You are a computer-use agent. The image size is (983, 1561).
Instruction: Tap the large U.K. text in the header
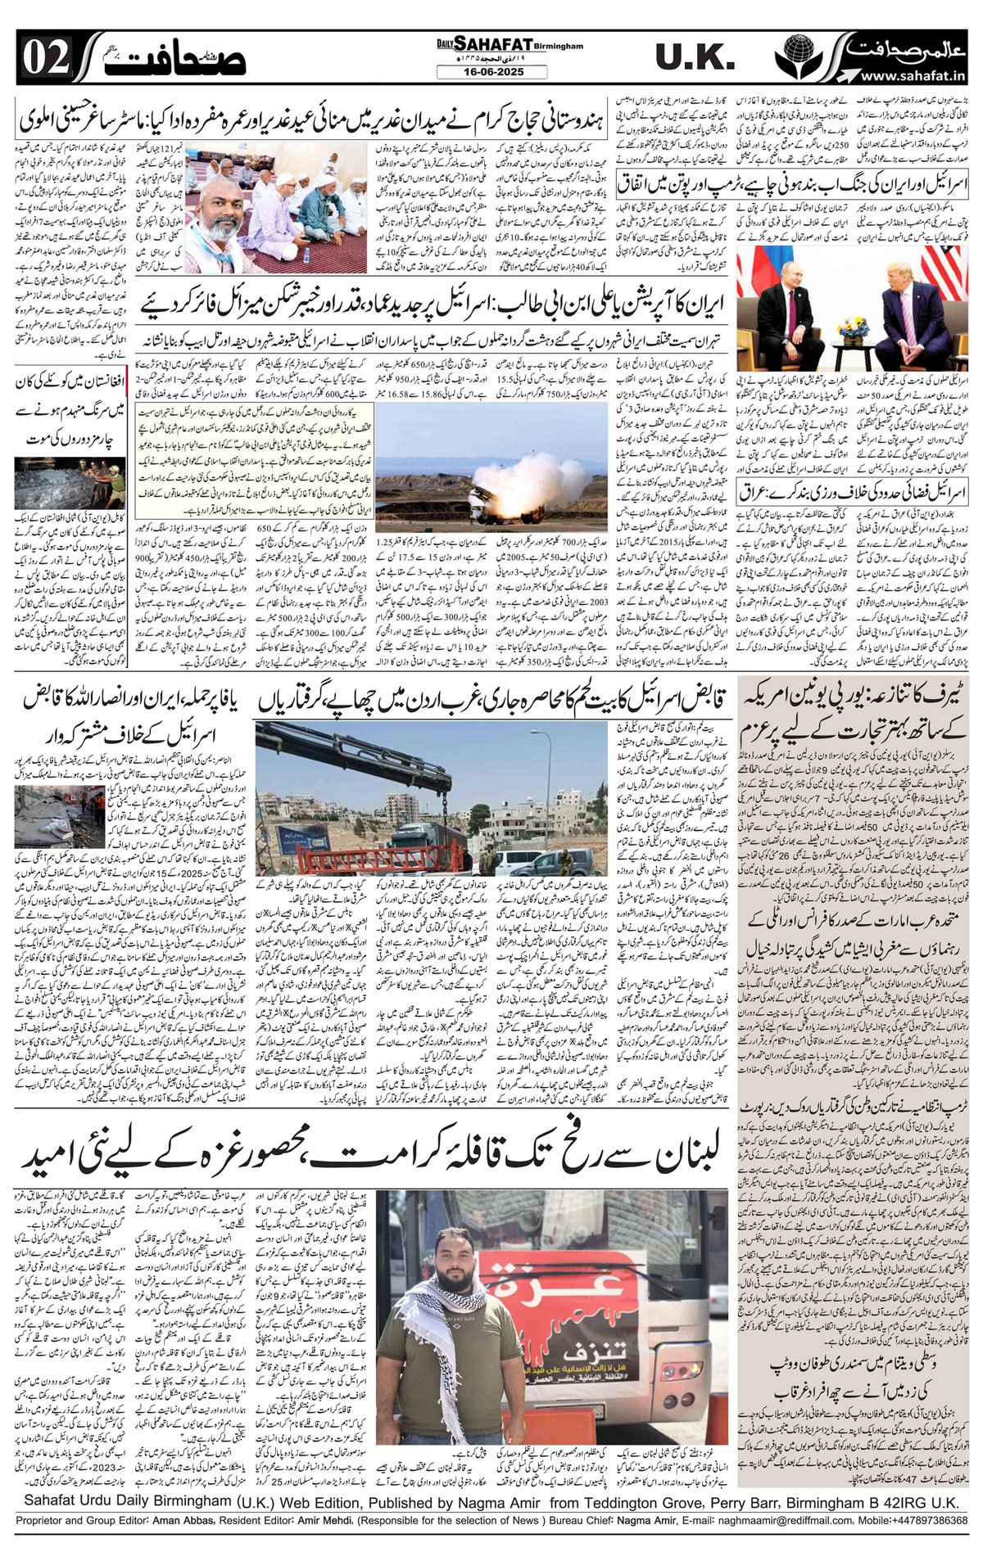[694, 57]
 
